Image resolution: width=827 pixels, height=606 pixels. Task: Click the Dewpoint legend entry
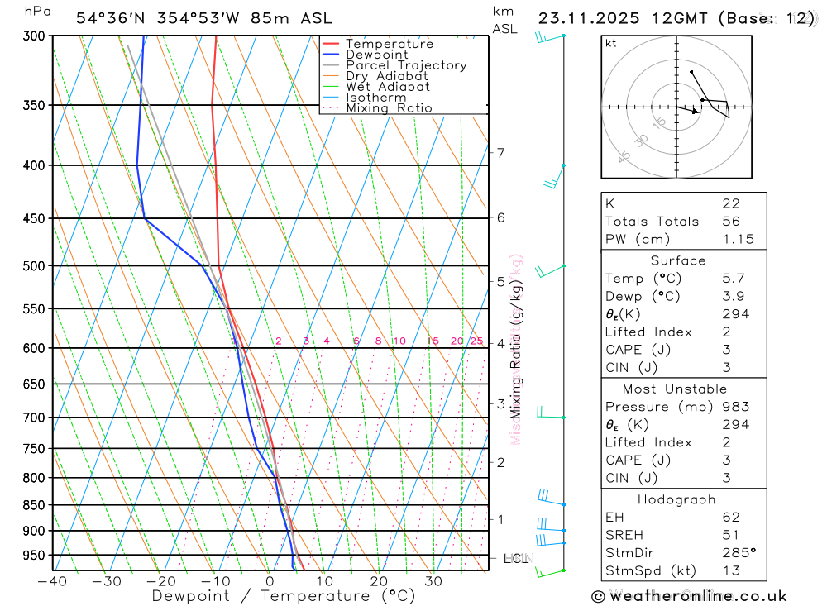coord(376,55)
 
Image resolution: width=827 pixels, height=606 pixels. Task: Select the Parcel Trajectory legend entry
coord(406,65)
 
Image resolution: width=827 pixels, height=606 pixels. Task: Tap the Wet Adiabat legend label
coord(388,87)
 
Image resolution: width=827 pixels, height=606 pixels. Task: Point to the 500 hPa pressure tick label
coord(34,266)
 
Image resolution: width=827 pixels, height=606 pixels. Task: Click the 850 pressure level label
coord(34,505)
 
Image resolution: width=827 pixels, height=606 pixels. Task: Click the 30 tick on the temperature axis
coord(433,581)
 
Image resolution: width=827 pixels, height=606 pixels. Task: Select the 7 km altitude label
coord(500,152)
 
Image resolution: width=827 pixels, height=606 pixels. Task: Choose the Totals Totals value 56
coord(730,221)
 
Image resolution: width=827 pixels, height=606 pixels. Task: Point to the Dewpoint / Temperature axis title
coord(284,595)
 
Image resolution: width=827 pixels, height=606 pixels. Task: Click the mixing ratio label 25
coord(476,341)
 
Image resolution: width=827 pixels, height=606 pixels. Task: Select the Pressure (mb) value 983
coord(735,407)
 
